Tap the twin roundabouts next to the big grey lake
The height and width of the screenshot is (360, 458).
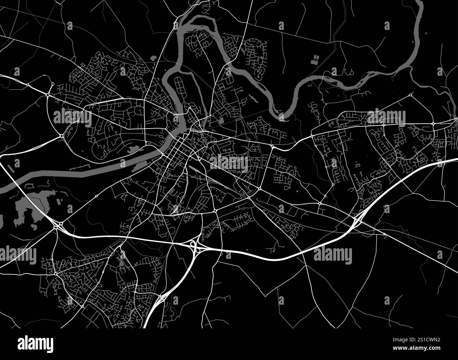[58, 224]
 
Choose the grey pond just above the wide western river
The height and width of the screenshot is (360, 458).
[133, 150]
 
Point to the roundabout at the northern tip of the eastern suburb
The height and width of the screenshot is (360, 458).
[411, 95]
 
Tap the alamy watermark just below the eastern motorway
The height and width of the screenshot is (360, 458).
[333, 254]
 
